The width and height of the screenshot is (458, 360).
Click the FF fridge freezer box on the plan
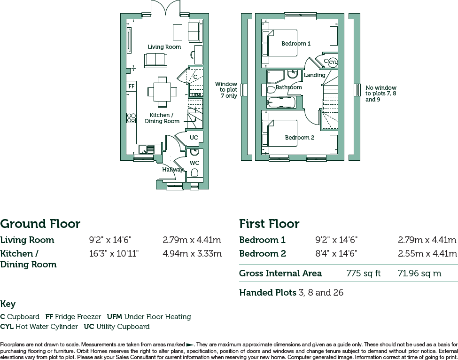[132, 86]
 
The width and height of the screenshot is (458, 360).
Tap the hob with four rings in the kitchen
[132, 118]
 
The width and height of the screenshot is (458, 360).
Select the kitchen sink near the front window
[147, 149]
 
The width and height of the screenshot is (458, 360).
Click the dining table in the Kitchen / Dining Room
[162, 92]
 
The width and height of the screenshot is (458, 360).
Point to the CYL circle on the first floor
[333, 62]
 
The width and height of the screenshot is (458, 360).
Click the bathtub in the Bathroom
[281, 102]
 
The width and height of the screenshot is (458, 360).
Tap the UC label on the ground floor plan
[194, 137]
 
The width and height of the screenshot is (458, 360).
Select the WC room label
[194, 163]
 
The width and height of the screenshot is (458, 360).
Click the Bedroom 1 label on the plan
[296, 44]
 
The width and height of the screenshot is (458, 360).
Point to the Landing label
[314, 75]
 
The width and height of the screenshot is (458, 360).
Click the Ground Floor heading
[40, 224]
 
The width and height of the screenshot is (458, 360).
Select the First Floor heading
[269, 224]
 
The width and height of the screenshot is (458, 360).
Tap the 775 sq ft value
[364, 274]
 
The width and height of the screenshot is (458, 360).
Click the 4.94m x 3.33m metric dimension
[192, 253]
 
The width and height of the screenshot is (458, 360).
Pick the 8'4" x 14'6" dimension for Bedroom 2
[336, 253]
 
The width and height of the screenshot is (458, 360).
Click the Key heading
[8, 304]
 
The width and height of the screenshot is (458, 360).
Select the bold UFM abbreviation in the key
[114, 317]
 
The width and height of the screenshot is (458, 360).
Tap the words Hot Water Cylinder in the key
[47, 327]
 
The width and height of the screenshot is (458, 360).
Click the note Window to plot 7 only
[226, 90]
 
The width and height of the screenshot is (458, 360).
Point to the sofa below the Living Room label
[155, 60]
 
